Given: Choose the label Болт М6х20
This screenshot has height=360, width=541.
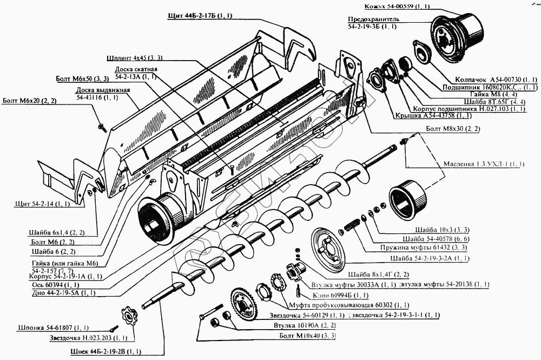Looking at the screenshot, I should click(x=29, y=101).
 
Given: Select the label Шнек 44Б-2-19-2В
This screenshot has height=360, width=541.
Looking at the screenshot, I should click(x=106, y=351).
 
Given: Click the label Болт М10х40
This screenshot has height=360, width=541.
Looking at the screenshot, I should click(x=308, y=336).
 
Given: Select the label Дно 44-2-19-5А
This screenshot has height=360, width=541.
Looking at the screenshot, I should click(x=56, y=293).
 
